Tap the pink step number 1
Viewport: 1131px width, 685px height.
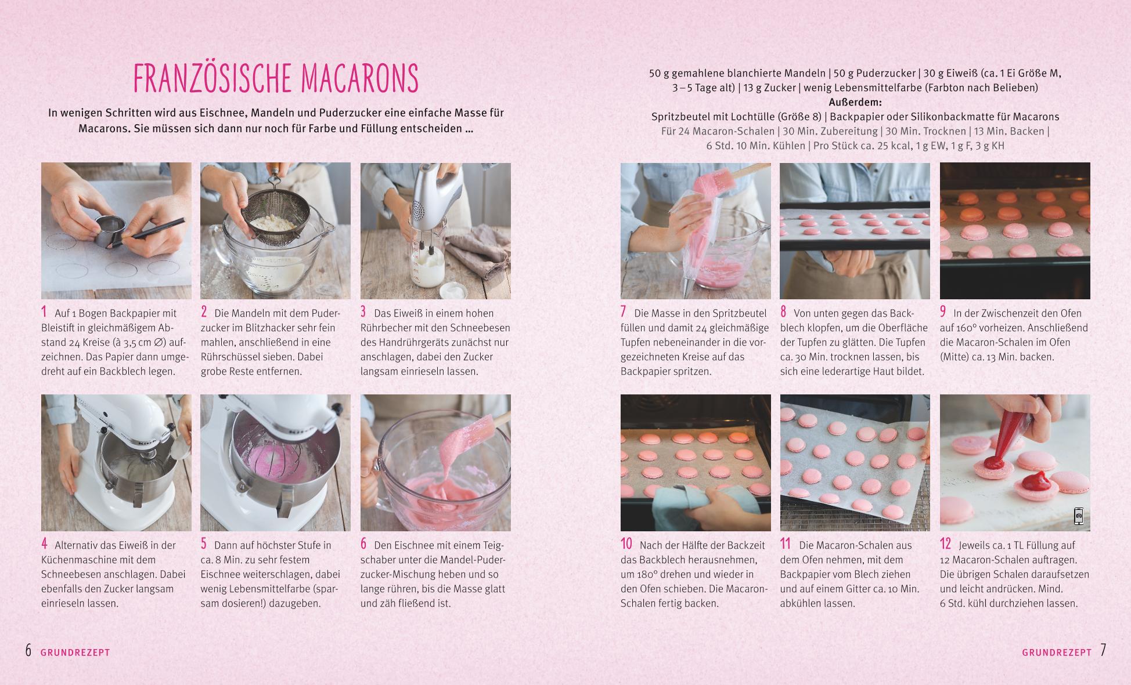point(44,312)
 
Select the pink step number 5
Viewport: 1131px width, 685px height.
point(204,544)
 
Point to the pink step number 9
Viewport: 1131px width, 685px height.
point(943,312)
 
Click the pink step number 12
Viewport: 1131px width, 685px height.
point(946,544)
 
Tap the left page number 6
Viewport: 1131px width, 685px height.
point(28,650)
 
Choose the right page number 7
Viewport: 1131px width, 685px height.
point(1103,650)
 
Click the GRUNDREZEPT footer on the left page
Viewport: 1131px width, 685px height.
point(75,653)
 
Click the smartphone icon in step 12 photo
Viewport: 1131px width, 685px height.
point(1078,516)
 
